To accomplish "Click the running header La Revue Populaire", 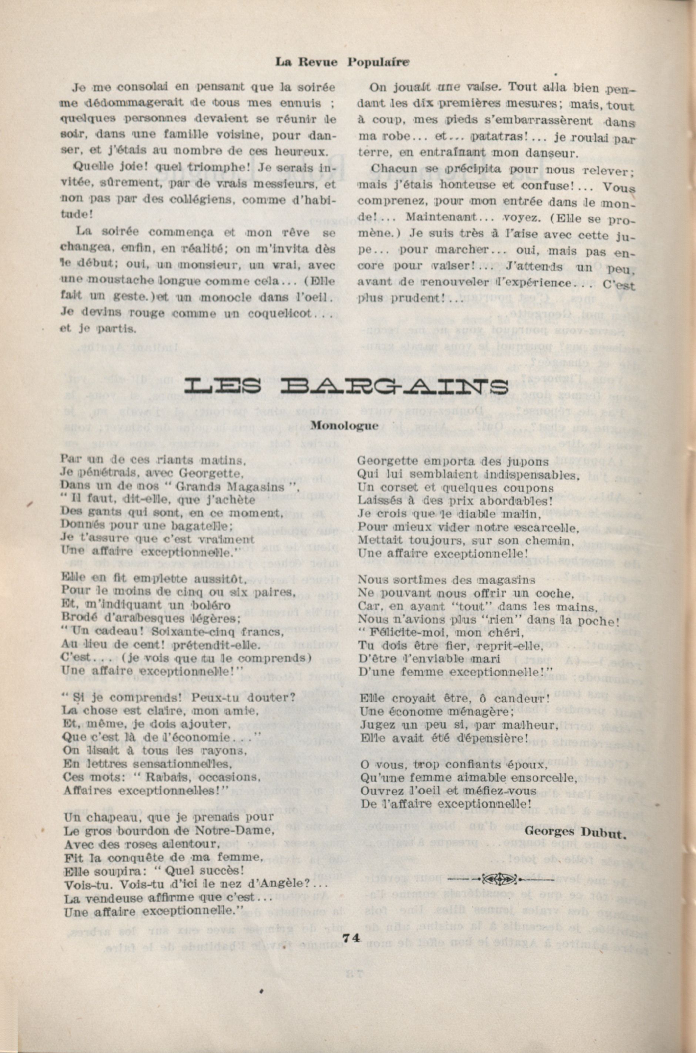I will tap(342, 62).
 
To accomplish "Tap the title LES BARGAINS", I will tap(346, 386).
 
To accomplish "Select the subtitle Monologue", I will tap(344, 425).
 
